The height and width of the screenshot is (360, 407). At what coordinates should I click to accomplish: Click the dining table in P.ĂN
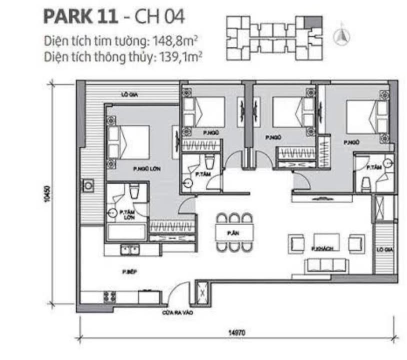(234, 232)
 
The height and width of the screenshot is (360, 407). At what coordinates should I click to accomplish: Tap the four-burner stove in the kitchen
(109, 295)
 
